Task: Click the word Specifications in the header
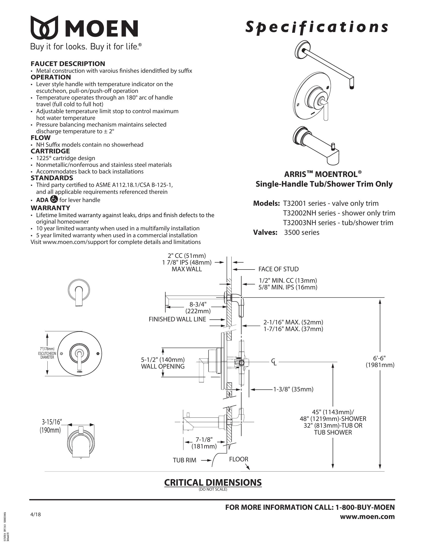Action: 316,27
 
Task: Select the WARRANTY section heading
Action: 50,208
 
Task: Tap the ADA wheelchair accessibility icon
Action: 54,199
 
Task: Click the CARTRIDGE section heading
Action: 50,151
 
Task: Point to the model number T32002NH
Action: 298,213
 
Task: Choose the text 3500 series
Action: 302,232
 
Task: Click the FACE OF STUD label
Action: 278,269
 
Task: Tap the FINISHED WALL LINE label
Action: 177,319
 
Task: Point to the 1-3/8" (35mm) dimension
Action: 293,389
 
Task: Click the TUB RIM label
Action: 184,460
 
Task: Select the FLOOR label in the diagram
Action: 239,459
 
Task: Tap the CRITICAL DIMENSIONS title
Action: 213,482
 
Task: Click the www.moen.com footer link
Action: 367,517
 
